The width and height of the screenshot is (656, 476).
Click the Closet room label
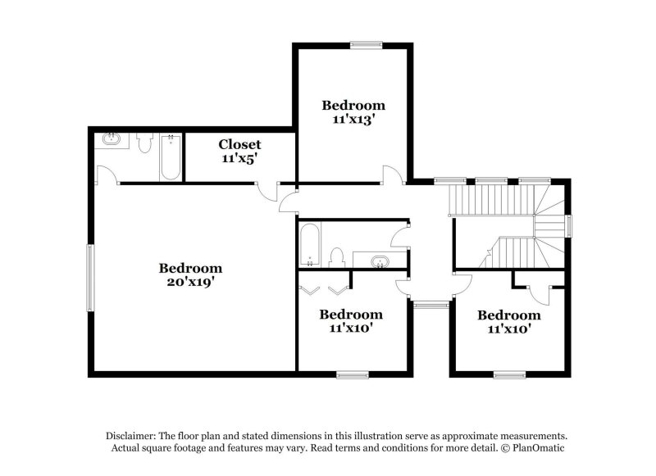pos(239,144)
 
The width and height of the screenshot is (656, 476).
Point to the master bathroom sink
pos(112,139)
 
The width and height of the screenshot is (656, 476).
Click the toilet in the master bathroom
pos(145,144)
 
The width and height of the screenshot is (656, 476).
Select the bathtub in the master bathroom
pos(171,157)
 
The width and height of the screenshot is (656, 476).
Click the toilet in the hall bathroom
pos(335,256)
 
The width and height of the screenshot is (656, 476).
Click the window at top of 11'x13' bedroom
pos(362,45)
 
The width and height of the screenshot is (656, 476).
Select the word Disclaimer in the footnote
pos(131,436)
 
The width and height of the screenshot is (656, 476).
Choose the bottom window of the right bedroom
pos(509,375)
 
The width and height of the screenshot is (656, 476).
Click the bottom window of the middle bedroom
pos(353,375)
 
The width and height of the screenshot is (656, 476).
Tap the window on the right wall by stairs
pos(569,225)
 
